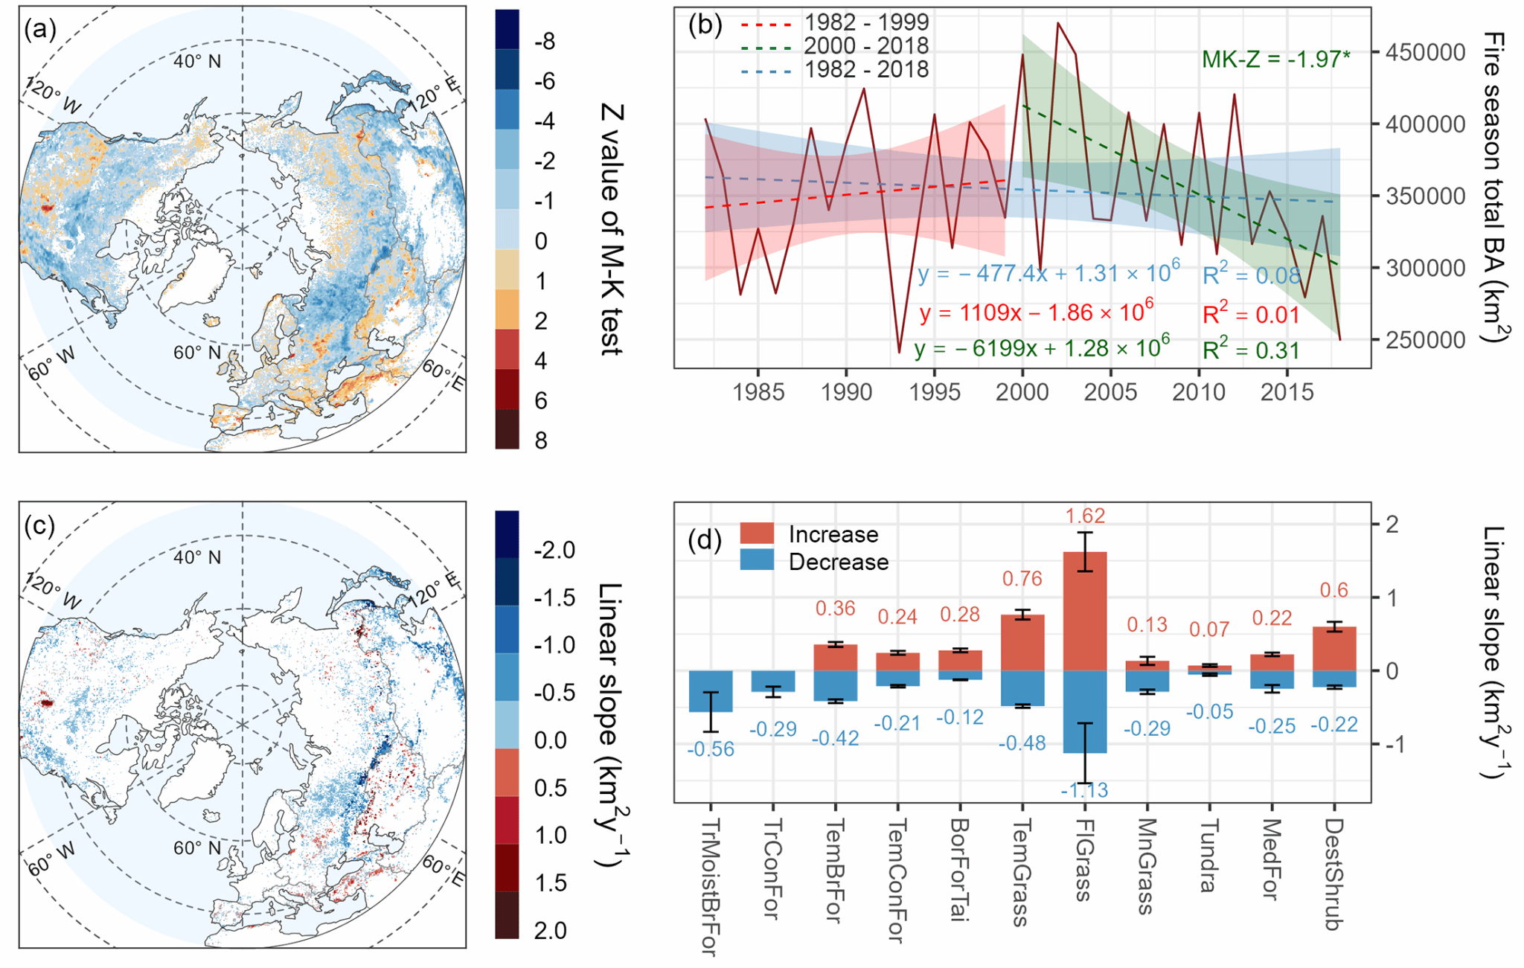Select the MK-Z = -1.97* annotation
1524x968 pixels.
point(1275,60)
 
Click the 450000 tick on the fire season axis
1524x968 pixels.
point(1425,53)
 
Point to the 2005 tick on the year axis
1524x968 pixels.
point(1110,392)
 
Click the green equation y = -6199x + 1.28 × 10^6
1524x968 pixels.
point(1042,348)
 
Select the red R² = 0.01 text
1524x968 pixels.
point(1251,315)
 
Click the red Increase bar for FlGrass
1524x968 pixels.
point(1085,611)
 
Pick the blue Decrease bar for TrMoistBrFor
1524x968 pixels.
point(711,691)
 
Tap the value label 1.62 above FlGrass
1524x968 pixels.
point(1085,516)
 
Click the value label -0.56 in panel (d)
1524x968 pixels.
point(711,749)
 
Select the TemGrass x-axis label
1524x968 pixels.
point(1022,872)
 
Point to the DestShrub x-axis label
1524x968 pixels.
point(1334,875)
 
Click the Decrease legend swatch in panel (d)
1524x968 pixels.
point(758,560)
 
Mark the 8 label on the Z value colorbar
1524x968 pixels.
point(541,440)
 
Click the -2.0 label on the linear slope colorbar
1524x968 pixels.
point(554,551)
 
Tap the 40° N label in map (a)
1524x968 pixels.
point(197,61)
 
